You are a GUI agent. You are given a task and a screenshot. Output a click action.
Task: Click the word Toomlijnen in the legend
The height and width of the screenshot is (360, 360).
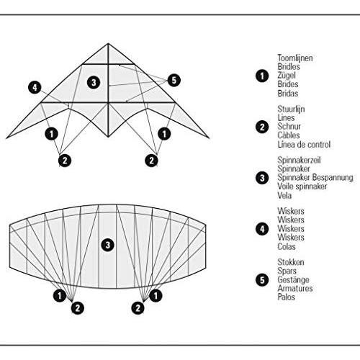295,58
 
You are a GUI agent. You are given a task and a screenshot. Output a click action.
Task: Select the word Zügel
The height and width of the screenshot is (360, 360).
287,76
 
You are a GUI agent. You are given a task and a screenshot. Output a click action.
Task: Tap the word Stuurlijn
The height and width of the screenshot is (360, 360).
291,109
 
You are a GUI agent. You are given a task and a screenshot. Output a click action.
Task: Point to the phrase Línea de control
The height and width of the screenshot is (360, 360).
304,145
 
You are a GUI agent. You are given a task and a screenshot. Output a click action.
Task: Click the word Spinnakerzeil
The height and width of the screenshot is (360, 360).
299,160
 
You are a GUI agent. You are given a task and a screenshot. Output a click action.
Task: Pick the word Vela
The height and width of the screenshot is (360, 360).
284,195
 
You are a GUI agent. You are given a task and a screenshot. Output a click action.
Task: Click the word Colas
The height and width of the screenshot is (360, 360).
287,246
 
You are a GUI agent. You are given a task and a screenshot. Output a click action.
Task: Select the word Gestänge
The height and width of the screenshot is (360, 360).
293,280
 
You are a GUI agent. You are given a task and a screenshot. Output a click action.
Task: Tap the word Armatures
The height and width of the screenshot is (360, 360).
295,288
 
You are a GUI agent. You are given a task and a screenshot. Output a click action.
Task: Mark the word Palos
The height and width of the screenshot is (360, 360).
286,297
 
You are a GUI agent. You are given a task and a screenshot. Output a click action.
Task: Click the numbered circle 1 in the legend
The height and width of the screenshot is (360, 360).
262,76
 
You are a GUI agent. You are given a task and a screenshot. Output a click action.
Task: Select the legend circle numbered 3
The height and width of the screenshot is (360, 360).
262,178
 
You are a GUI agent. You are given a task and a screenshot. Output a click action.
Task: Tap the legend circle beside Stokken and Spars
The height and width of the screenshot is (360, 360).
262,280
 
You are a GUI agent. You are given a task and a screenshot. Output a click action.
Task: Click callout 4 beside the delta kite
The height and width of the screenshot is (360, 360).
35,87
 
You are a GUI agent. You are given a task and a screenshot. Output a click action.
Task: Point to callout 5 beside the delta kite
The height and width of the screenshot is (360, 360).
174,80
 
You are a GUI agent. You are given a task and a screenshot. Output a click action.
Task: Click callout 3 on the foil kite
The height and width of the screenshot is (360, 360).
107,245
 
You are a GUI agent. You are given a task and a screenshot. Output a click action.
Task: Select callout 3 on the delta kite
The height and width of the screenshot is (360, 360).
94,83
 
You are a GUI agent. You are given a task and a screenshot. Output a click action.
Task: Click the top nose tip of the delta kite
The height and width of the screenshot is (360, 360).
108,43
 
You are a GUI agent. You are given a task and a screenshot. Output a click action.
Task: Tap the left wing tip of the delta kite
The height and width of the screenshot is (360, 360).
6,138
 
